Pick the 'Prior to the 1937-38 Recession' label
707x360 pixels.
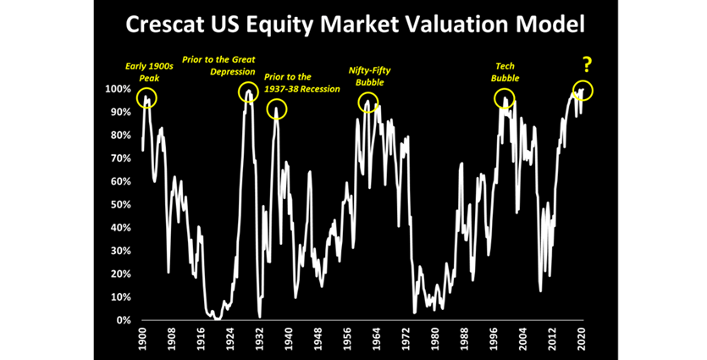pos(301,82)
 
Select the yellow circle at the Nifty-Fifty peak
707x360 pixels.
pos(369,103)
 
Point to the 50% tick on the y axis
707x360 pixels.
pos(119,205)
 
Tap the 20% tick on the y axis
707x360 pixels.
pos(119,274)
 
